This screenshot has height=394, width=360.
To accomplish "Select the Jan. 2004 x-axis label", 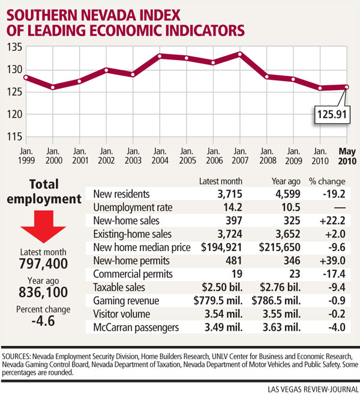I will (x=159, y=157).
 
